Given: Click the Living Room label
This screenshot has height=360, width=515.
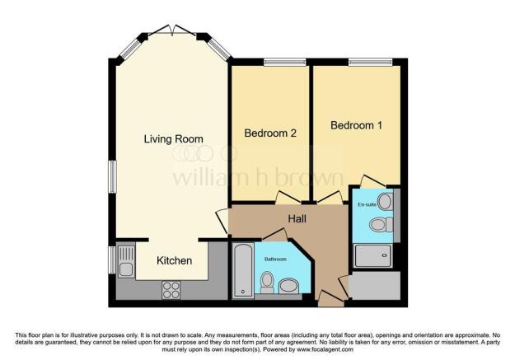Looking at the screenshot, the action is pyautogui.click(x=173, y=139).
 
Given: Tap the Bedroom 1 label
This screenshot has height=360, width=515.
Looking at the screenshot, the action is pyautogui.click(x=356, y=125).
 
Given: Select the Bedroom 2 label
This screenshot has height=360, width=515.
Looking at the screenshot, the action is pyautogui.click(x=270, y=133).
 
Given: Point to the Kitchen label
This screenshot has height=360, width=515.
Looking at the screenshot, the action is pyautogui.click(x=174, y=260).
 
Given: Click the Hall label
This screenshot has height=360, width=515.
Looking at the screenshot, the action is pyautogui.click(x=297, y=219).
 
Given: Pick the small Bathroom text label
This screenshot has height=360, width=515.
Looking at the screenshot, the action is pyautogui.click(x=275, y=259).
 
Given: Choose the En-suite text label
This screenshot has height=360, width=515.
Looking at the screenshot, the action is pyautogui.click(x=367, y=204).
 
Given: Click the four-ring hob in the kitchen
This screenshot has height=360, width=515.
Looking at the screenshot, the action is pyautogui.click(x=171, y=290).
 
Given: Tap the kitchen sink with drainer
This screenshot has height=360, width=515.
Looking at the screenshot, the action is pyautogui.click(x=126, y=261).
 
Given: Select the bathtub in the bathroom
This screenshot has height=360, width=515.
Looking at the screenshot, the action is pyautogui.click(x=243, y=270).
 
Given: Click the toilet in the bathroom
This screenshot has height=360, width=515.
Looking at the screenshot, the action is pyautogui.click(x=267, y=283).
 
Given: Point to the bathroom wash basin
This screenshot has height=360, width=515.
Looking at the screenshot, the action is pyautogui.click(x=288, y=286).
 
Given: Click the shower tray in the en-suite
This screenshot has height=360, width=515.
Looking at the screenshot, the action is pyautogui.click(x=373, y=255).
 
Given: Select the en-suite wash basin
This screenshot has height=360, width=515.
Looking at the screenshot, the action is pyautogui.click(x=386, y=201).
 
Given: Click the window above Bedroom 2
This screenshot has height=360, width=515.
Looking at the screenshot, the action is pyautogui.click(x=285, y=62).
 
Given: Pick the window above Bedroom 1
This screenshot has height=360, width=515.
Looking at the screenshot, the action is pyautogui.click(x=370, y=62).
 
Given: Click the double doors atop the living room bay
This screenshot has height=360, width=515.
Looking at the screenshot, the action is pyautogui.click(x=172, y=30).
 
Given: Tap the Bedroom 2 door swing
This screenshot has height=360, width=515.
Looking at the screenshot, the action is pyautogui.click(x=288, y=197).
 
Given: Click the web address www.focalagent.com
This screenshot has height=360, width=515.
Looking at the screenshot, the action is pyautogui.click(x=325, y=349).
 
